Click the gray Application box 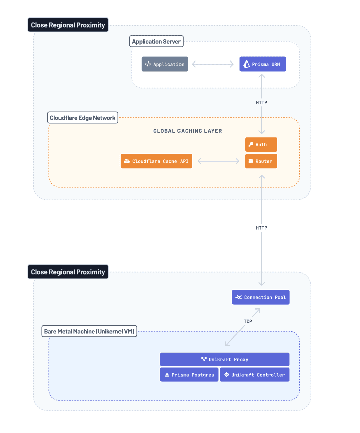click(x=164, y=64)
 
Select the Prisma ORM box click(x=263, y=64)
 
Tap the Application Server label click(x=156, y=42)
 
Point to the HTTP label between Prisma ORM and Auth click(x=261, y=103)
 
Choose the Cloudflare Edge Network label click(x=83, y=118)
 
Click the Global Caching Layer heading click(x=188, y=131)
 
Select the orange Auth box click(x=261, y=145)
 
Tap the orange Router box click(x=261, y=161)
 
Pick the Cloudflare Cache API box click(x=156, y=161)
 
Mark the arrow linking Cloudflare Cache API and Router click(x=218, y=161)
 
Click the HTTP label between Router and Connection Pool click(x=261, y=228)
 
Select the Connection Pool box click(x=261, y=297)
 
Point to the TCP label click(x=248, y=321)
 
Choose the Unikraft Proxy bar click(x=224, y=359)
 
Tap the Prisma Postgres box click(x=189, y=375)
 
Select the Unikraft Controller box click(x=255, y=375)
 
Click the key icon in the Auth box click(x=250, y=145)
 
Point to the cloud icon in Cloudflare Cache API click(x=127, y=161)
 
